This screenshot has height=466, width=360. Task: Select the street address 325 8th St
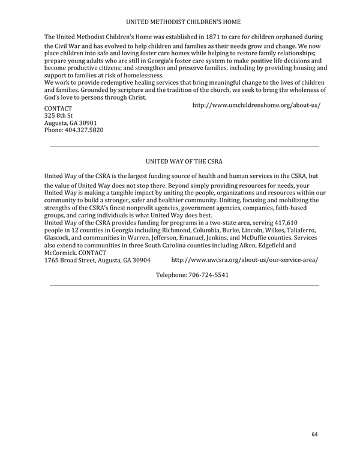coord(59,115)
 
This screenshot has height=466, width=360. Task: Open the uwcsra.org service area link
coord(245,260)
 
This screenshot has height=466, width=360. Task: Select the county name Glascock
coord(59,238)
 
